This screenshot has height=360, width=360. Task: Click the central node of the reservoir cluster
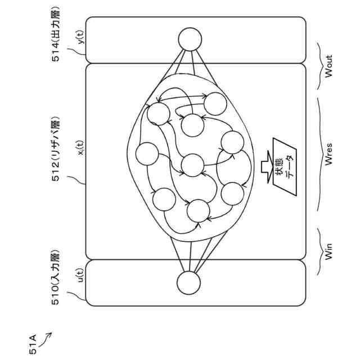point(193,165)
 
